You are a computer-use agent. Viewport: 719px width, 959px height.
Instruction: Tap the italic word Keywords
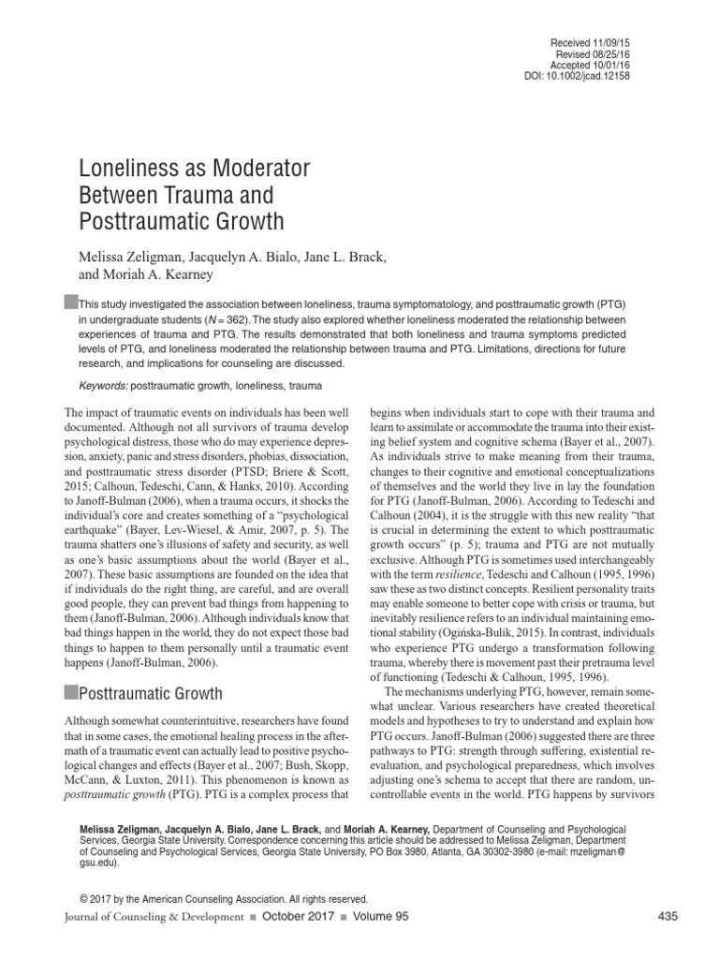pyautogui.click(x=102, y=386)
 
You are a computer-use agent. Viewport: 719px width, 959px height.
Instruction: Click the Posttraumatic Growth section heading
pyautogui.click(x=153, y=694)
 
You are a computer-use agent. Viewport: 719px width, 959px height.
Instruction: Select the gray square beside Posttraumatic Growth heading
pyautogui.click(x=70, y=694)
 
